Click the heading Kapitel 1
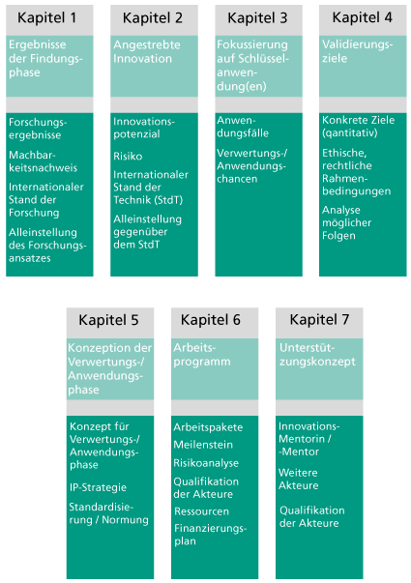46,17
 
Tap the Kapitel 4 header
362,17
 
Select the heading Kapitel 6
211,320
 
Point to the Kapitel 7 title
319,319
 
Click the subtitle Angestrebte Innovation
147,51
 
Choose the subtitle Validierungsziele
357,51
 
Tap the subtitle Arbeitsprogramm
202,354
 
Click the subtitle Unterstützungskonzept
317,354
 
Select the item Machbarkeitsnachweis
43,161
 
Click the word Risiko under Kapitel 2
128,157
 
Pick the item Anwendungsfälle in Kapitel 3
243,127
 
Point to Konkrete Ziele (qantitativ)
358,127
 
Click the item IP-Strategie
98,487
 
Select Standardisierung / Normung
108,513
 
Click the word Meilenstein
203,445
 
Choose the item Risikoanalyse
206,463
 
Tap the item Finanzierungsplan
210,535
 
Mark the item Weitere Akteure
298,479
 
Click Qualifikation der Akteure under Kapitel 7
312,517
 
